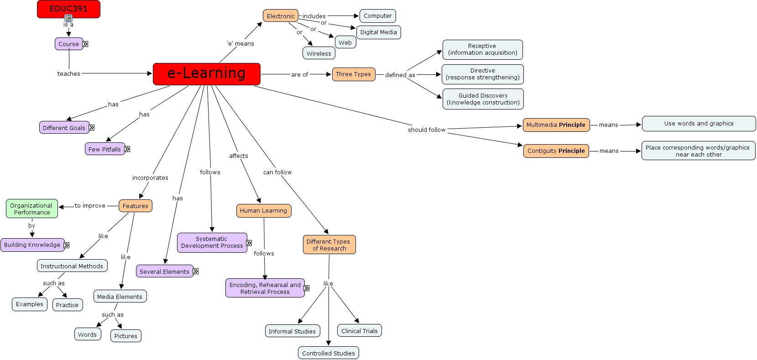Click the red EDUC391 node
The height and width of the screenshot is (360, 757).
[68, 9]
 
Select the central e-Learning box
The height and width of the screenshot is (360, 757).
[206, 74]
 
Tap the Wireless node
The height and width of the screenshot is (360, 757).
[318, 53]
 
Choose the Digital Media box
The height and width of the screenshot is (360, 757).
[378, 32]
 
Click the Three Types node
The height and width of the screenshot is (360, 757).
[353, 74]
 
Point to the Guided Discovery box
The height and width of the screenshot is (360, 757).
[483, 99]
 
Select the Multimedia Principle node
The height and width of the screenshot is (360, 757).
[556, 125]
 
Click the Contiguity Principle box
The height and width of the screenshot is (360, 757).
[556, 151]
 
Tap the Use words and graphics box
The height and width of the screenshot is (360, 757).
[699, 124]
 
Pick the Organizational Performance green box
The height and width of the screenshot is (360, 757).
[31, 209]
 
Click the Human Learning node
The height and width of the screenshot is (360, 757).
[263, 211]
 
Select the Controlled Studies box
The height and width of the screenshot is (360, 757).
[328, 353]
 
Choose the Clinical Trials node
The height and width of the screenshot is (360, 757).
[359, 331]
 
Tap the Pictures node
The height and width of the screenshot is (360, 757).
[125, 336]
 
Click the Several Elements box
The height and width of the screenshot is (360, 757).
[164, 271]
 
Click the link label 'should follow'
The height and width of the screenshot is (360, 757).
[426, 130]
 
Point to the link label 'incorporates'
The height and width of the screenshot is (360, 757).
[150, 177]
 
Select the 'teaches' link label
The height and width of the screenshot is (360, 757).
[68, 73]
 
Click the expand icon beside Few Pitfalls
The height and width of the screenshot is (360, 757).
[127, 149]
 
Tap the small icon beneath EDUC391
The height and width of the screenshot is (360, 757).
[68, 18]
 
